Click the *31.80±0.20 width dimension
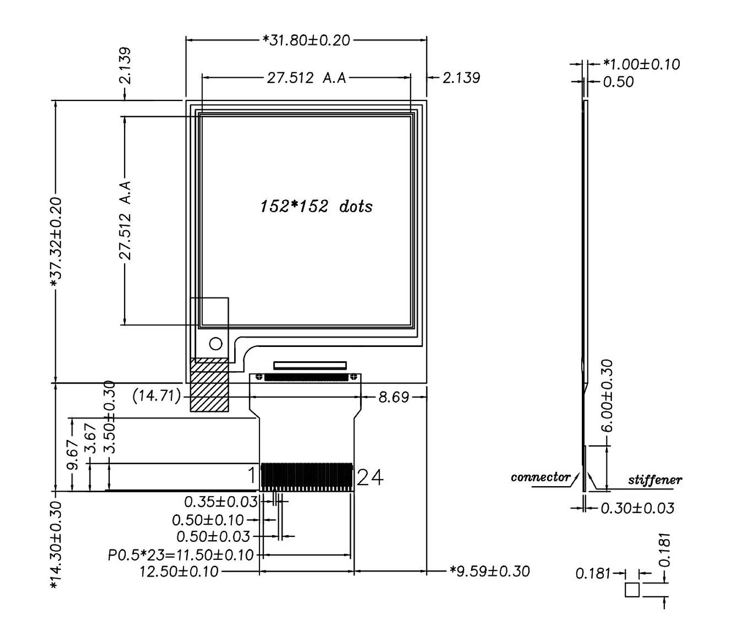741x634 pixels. (x=306, y=40)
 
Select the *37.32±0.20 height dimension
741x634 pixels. (x=56, y=243)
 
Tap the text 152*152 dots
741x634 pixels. (x=316, y=206)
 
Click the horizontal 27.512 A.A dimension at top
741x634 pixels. (x=306, y=78)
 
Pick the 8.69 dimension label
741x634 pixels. (x=394, y=397)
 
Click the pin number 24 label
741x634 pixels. (x=370, y=477)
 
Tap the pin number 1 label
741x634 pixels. (x=252, y=476)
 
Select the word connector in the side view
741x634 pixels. (x=540, y=477)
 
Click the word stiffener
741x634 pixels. (x=655, y=480)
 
